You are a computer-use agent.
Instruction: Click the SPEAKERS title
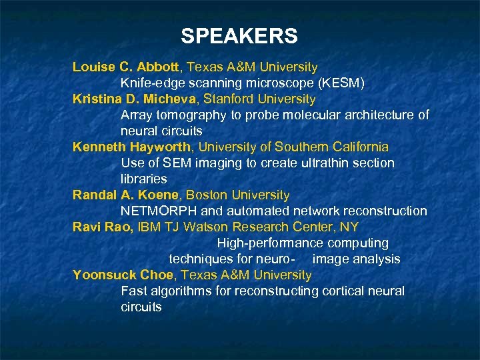pyautogui.click(x=239, y=36)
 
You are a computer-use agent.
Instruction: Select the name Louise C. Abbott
pyautogui.click(x=126, y=67)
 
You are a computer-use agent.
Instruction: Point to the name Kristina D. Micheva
pyautogui.click(x=135, y=99)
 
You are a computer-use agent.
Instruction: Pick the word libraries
pyautogui.click(x=143, y=179)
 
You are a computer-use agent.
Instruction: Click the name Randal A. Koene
pyautogui.click(x=126, y=195)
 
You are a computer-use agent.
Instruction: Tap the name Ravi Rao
pyautogui.click(x=102, y=227)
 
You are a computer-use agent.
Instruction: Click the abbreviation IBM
pyautogui.click(x=151, y=227)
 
